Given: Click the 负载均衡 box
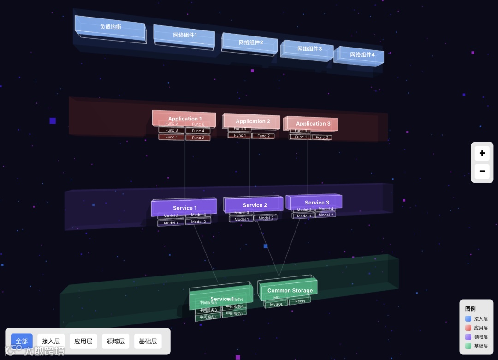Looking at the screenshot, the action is [x=111, y=27].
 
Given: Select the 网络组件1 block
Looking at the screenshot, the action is [x=185, y=35].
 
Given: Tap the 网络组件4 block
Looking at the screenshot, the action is [x=362, y=55].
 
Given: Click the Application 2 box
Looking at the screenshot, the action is [x=253, y=121].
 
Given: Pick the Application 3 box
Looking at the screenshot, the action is [x=313, y=124].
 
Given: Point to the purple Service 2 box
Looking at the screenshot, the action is [x=255, y=205].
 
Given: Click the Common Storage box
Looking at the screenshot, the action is [x=290, y=290].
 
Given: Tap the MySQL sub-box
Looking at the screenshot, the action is [x=276, y=305].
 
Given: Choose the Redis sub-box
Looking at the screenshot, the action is [x=300, y=301].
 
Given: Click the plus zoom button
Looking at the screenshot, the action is [x=482, y=153].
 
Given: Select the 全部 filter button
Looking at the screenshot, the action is [x=22, y=341].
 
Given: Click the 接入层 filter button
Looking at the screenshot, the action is [x=51, y=341].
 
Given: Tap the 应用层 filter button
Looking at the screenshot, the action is [x=83, y=341].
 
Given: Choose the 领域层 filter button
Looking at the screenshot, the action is [x=115, y=341].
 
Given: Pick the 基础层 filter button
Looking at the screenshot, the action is [x=148, y=341].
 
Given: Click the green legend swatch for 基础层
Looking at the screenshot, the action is [x=468, y=346].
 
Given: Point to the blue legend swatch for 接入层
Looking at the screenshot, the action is [x=468, y=318].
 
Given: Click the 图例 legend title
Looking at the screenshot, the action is [x=470, y=309].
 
